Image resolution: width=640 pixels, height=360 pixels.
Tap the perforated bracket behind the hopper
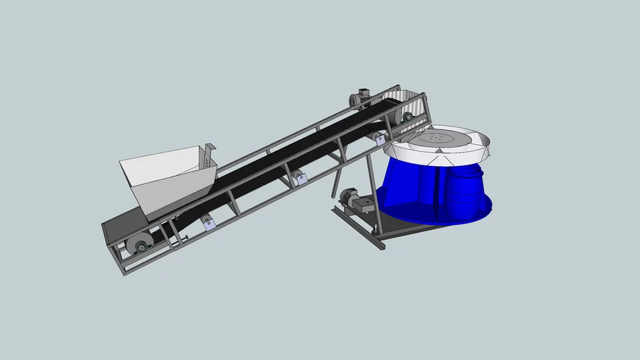click(x=209, y=155)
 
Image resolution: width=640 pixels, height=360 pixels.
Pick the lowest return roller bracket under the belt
click(x=207, y=224)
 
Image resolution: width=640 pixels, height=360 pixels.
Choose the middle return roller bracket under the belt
click(x=301, y=178)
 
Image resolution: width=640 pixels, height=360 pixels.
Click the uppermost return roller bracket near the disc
click(x=380, y=140)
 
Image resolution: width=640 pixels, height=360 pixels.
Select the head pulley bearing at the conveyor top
click(x=407, y=117)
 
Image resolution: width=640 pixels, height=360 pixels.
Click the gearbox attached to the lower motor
click(x=364, y=205)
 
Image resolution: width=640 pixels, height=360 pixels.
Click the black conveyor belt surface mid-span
click(x=281, y=155)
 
